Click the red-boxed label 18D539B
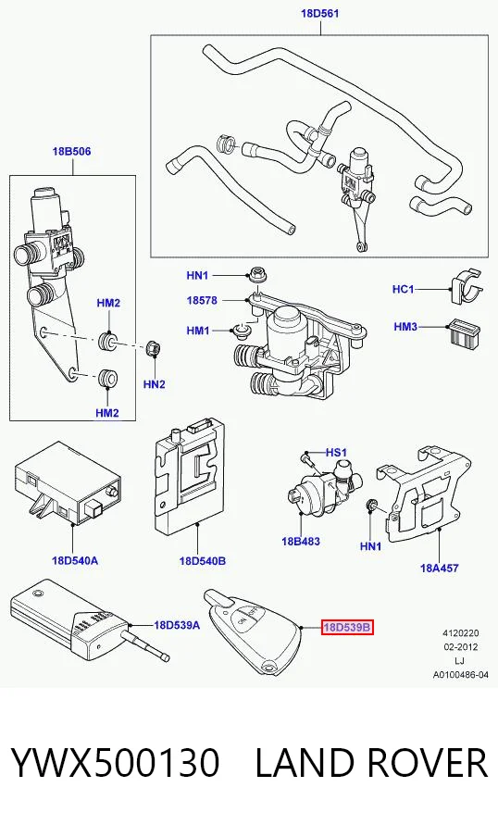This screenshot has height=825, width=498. [347, 627]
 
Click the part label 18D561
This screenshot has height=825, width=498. [319, 13]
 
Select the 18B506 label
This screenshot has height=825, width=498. [71, 152]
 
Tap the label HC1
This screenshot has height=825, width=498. [404, 289]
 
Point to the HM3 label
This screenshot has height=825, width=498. [405, 327]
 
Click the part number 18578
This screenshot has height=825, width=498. [202, 300]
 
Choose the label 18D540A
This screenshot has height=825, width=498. [75, 560]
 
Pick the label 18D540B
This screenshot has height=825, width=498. [203, 561]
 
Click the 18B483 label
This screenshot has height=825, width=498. [301, 541]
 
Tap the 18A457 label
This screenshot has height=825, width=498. [439, 568]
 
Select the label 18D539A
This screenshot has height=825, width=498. [177, 625]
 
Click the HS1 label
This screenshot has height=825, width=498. [337, 453]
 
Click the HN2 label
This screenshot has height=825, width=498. [154, 384]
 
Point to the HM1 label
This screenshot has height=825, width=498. [198, 331]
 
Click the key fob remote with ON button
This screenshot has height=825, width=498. [253, 633]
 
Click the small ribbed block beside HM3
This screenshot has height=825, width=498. [465, 332]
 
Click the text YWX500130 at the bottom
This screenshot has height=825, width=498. [115, 762]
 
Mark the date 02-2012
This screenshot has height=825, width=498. [460, 646]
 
